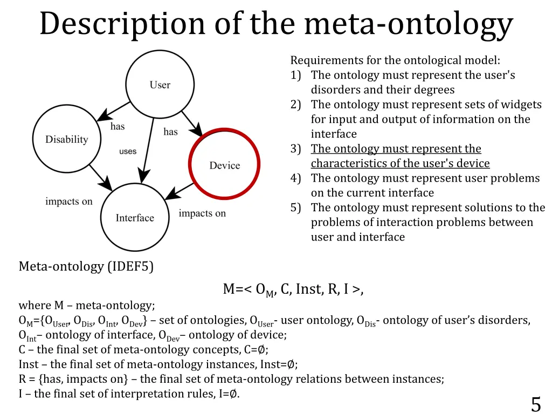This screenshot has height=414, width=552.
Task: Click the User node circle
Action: pyautogui.click(x=160, y=85)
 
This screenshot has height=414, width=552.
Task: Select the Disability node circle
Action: pyautogui.click(x=67, y=139)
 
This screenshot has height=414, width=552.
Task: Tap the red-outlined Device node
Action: pyautogui.click(x=224, y=165)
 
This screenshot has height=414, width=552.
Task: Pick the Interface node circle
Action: pyautogui.click(x=135, y=217)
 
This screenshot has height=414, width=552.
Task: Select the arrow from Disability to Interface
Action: pyautogui.click(x=100, y=177)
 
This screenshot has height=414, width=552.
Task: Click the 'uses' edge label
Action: pyautogui.click(x=128, y=151)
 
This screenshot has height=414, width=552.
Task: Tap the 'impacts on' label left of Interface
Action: pyautogui.click(x=69, y=202)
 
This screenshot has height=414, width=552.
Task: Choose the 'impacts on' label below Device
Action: pyautogui.click(x=202, y=213)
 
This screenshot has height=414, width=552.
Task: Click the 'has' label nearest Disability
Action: pyautogui.click(x=118, y=127)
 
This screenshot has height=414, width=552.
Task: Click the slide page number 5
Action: pyautogui.click(x=535, y=403)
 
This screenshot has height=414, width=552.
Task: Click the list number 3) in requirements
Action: pyautogui.click(x=295, y=149)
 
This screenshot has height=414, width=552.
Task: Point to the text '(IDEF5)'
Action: pyautogui.click(x=130, y=266)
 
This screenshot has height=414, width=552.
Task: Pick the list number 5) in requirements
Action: pyautogui.click(x=295, y=208)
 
